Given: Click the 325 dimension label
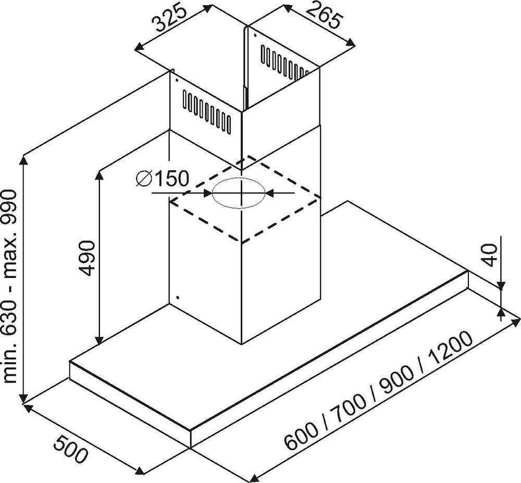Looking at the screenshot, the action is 169,18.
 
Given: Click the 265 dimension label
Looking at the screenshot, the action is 324,17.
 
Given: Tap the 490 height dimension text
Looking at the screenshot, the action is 88,258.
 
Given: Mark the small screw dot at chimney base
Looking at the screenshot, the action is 178,297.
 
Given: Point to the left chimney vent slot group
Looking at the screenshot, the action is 206,112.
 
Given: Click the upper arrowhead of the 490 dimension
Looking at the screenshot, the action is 99,176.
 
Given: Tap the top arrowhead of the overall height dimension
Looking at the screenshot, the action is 23,161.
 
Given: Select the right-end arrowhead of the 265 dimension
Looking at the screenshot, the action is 350,42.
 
